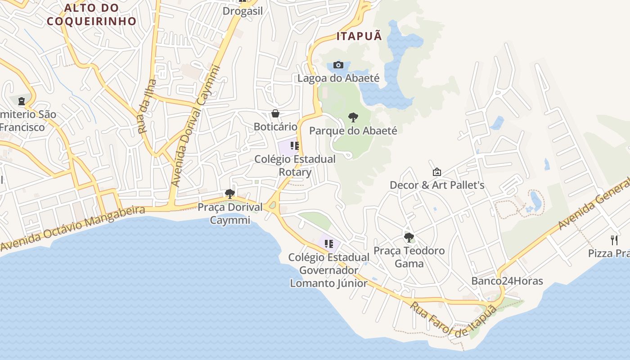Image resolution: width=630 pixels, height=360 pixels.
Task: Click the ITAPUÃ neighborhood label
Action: [x=359, y=36]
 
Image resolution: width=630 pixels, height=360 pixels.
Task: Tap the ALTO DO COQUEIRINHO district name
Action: [x=91, y=14]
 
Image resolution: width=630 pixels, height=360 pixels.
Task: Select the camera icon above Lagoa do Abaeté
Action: [x=338, y=65]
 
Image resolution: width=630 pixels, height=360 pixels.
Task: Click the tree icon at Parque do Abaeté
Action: [x=353, y=117]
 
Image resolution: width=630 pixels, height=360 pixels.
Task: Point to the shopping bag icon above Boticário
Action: [x=275, y=113]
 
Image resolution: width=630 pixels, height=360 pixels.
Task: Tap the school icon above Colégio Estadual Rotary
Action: [x=295, y=146]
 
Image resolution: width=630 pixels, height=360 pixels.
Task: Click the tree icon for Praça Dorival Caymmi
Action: [x=230, y=194]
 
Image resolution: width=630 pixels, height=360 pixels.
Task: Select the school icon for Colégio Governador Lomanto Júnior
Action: [x=329, y=244]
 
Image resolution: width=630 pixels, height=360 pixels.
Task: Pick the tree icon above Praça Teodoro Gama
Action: [x=409, y=237]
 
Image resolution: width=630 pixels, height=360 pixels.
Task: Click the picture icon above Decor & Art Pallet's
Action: [x=436, y=172]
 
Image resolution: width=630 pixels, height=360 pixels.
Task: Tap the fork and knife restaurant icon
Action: [x=614, y=240]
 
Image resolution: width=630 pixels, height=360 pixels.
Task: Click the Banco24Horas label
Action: [x=507, y=281]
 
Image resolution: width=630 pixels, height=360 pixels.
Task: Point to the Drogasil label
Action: [x=243, y=11]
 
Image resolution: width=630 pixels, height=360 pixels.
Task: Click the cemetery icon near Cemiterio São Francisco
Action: [x=22, y=101]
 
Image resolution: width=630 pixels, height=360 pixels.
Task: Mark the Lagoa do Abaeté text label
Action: [x=338, y=78]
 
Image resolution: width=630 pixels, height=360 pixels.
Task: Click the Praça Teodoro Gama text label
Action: [x=409, y=257]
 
